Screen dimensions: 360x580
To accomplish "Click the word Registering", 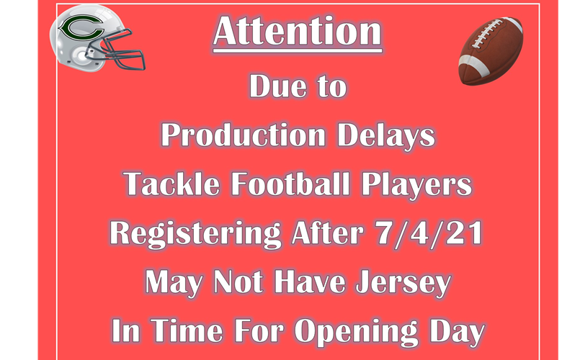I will [195, 234].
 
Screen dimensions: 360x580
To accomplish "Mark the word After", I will [333, 234].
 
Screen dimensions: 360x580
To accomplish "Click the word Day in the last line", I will [453, 332].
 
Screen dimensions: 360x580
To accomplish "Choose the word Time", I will [174, 332].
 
